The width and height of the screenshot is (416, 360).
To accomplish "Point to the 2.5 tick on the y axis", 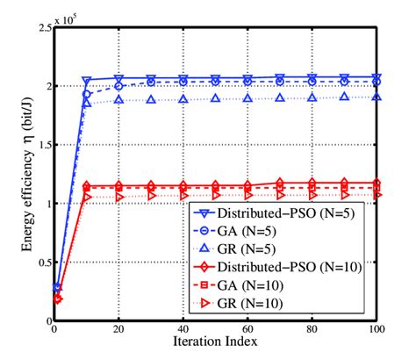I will pyautogui.click(x=43, y=28).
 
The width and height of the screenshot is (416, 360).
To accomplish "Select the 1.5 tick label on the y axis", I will pyautogui.click(x=43, y=145).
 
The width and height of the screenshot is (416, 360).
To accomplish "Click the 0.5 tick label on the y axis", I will pyautogui.click(x=43, y=262).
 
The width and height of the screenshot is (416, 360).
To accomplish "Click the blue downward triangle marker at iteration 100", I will pyautogui.click(x=377, y=78).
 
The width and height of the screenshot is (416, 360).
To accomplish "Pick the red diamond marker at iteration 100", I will pyautogui.click(x=377, y=183).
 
